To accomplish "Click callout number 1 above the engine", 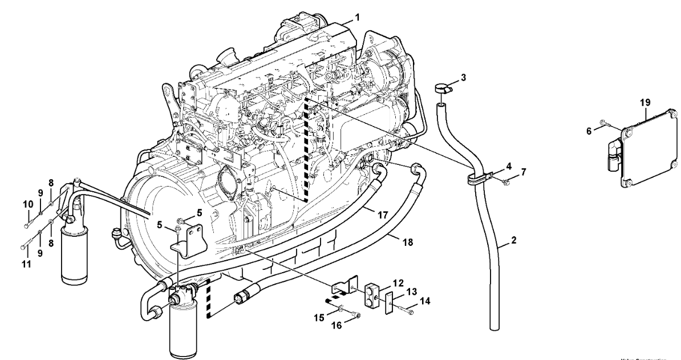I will (357, 18).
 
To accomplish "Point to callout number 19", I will (645, 103).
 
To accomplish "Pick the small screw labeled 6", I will (605, 123).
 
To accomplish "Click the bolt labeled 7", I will (506, 182).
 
